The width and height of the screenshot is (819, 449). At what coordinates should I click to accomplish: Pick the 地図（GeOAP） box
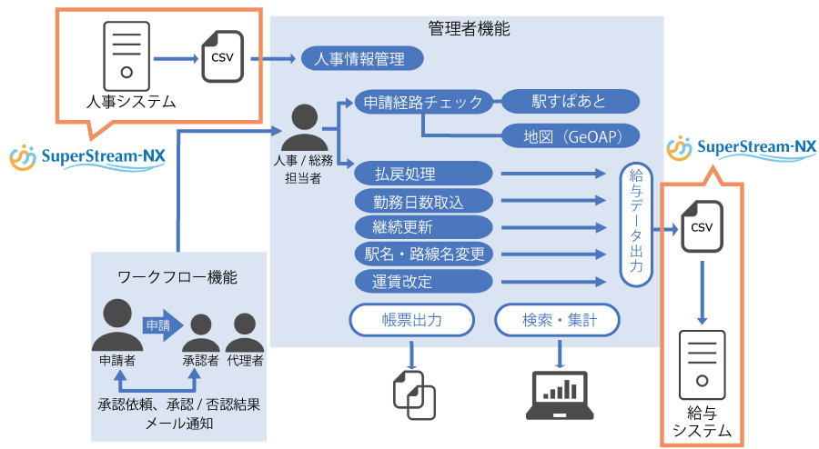click(571, 136)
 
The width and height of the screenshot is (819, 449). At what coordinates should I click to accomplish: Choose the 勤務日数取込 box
click(423, 200)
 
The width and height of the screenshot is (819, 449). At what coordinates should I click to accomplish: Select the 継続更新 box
click(423, 226)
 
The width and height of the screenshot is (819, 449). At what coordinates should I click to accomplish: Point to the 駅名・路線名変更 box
click(423, 254)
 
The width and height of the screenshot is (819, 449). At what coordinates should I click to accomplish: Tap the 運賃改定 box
click(423, 281)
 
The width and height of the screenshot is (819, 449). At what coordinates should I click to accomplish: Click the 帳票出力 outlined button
click(412, 320)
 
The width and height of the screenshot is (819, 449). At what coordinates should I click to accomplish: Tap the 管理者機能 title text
click(468, 29)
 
